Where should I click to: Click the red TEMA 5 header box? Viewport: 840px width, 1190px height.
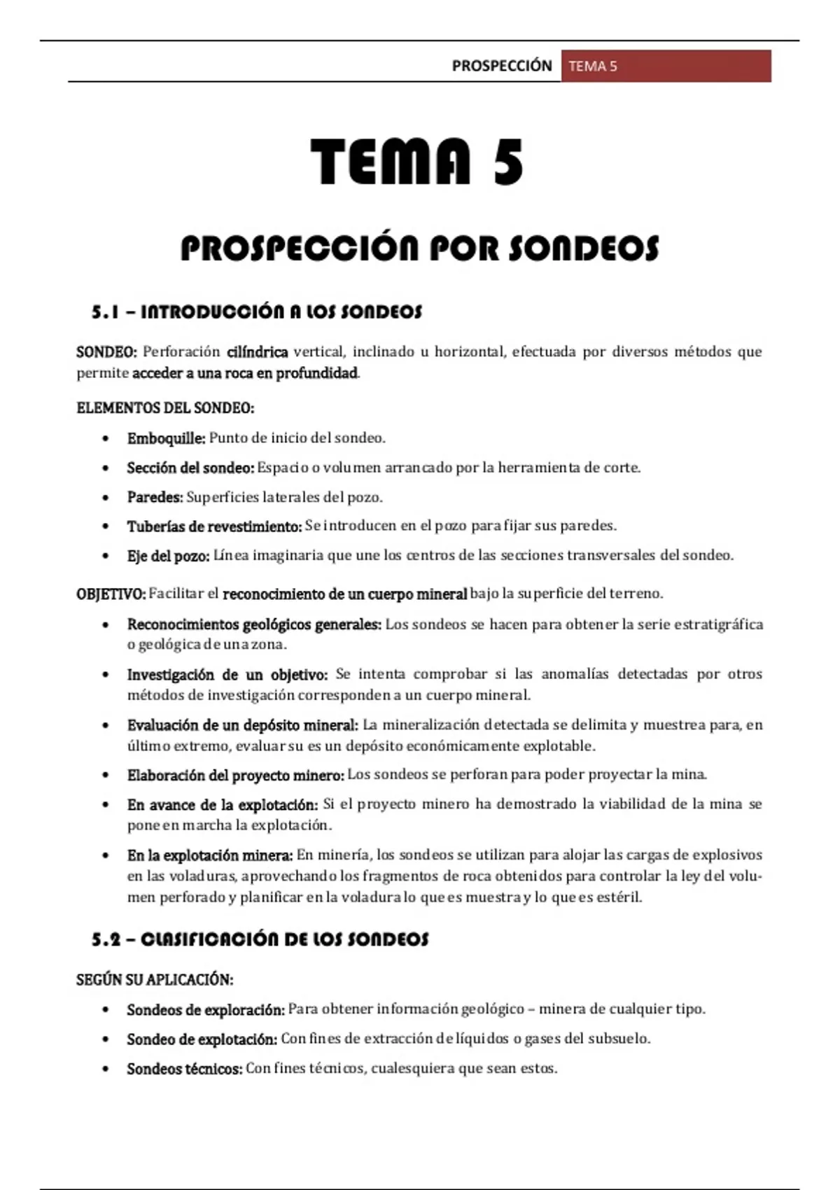(666, 66)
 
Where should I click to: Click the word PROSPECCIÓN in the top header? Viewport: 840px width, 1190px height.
(502, 66)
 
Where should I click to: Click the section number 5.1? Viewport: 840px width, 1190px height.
(105, 312)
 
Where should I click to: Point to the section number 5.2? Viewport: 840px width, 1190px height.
(106, 939)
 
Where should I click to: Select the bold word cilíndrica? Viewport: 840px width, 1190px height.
(257, 351)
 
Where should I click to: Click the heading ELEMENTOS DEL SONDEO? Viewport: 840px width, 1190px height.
(165, 407)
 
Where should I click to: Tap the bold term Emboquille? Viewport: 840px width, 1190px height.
(166, 438)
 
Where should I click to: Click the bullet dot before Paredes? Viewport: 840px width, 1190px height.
(106, 498)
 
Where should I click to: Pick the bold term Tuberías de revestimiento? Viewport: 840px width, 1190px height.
(214, 526)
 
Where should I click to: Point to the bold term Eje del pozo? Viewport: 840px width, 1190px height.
(168, 556)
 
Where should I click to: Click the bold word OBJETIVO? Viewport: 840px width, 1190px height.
(111, 594)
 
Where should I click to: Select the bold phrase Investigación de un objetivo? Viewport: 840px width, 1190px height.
(227, 675)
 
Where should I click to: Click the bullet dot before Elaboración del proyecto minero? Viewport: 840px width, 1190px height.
(106, 775)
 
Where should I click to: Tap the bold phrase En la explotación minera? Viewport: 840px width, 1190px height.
(209, 855)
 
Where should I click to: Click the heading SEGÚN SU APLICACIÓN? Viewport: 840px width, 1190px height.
(154, 979)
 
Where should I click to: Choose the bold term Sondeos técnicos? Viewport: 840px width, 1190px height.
(184, 1069)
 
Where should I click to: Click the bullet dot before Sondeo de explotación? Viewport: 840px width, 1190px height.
(106, 1039)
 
